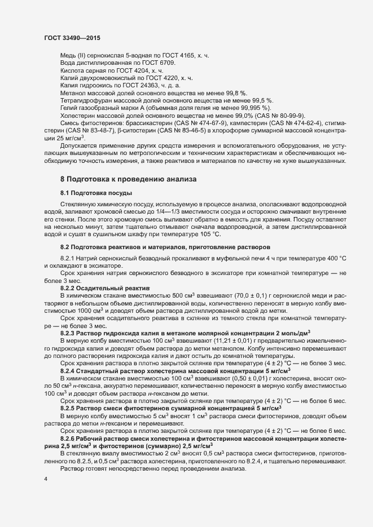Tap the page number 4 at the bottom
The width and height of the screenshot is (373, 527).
click(45, 479)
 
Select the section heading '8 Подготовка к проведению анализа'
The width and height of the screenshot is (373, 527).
click(129, 179)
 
